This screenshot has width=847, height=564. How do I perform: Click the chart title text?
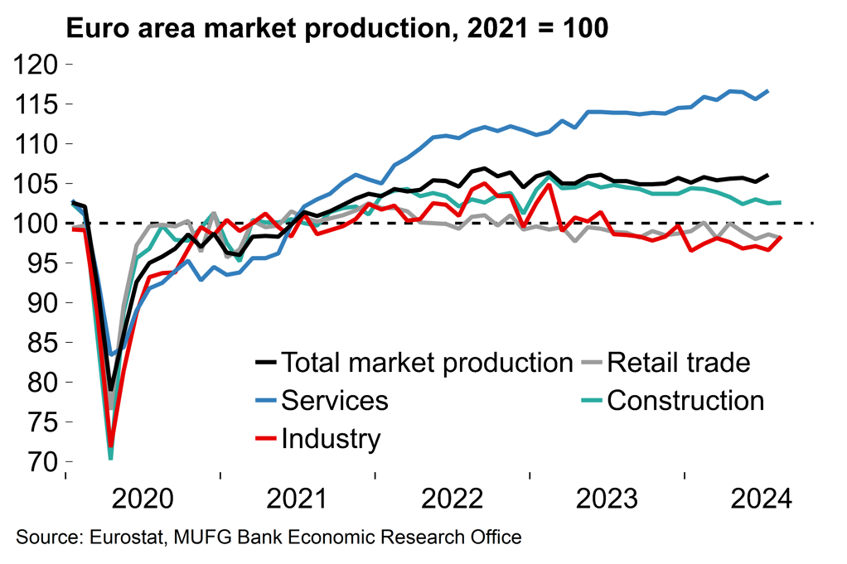coord(337,28)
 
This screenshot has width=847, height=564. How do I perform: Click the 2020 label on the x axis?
coord(143,500)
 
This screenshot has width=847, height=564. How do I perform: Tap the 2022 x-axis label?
coord(453,500)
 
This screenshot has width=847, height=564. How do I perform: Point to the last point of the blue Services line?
coord(767,91)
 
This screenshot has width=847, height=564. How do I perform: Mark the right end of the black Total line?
coord(767,175)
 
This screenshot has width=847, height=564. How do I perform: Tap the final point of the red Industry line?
coord(782,239)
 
